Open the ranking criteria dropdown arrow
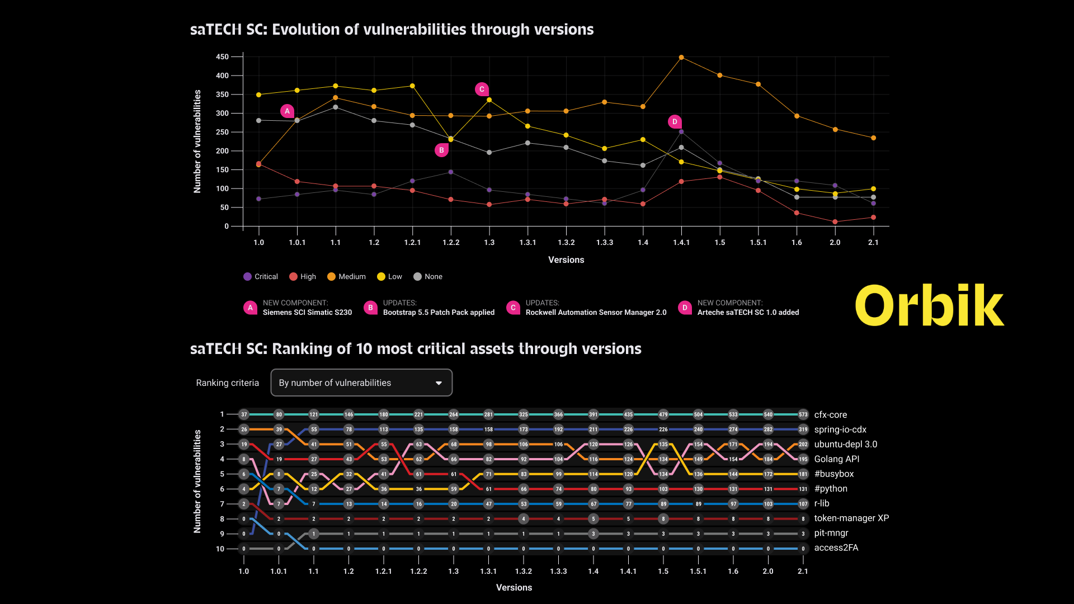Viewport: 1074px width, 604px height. click(x=439, y=383)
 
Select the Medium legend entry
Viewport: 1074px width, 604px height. click(x=346, y=277)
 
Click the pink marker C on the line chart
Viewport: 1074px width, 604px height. click(x=482, y=89)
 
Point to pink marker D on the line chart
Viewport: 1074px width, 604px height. click(x=675, y=122)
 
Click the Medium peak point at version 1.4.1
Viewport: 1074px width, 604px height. click(x=681, y=58)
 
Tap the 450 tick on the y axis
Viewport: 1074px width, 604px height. click(x=222, y=57)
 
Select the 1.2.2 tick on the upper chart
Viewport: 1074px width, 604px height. click(x=451, y=243)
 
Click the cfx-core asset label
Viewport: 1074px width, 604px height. click(x=831, y=415)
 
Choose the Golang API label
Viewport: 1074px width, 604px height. click(x=837, y=459)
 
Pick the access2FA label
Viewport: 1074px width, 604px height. click(x=836, y=548)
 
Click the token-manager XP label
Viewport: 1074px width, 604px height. click(x=851, y=518)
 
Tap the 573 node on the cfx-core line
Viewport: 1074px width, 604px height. click(x=803, y=415)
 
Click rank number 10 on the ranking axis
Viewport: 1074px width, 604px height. click(x=220, y=549)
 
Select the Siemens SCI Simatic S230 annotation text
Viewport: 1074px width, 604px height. click(x=307, y=313)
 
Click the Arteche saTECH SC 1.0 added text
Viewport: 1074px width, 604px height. click(x=748, y=313)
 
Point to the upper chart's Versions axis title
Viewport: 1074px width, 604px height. click(x=566, y=260)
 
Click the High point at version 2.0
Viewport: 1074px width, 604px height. click(x=835, y=222)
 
